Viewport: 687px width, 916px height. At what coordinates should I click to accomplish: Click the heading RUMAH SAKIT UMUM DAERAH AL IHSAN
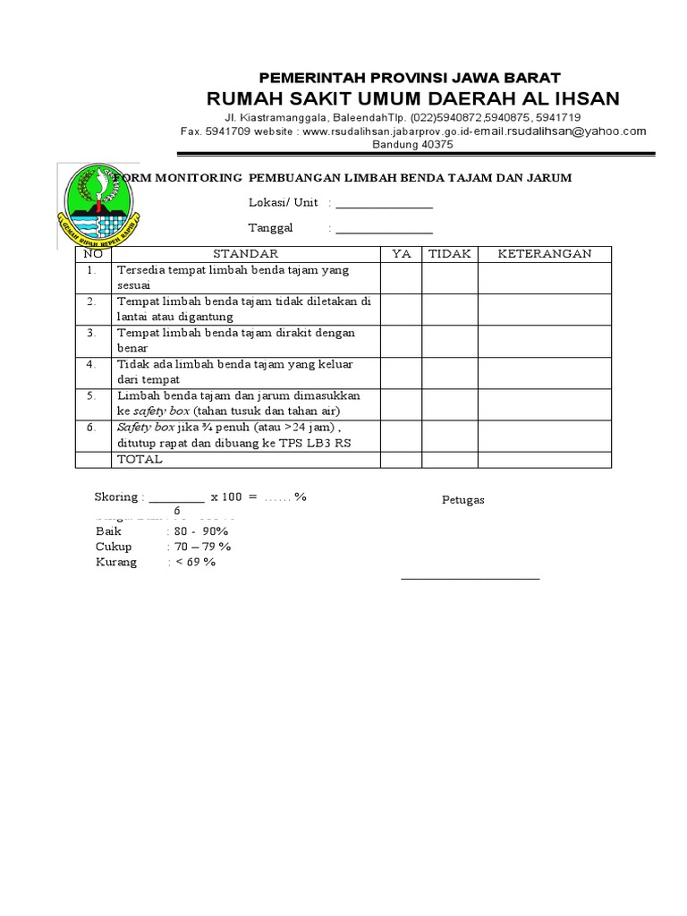click(x=412, y=98)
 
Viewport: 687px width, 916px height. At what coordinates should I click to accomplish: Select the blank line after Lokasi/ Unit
click(x=384, y=205)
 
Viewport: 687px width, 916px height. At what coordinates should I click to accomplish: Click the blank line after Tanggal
click(x=384, y=229)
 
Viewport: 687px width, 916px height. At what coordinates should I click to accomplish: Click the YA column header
click(x=402, y=254)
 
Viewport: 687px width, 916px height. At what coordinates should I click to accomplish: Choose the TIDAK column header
click(x=450, y=254)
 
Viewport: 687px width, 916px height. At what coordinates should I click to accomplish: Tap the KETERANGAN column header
click(x=544, y=254)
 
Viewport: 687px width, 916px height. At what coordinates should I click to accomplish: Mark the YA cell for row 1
click(x=402, y=277)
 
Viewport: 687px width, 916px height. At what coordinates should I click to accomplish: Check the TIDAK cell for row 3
click(x=450, y=340)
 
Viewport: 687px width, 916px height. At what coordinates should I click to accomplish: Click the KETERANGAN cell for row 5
click(x=544, y=403)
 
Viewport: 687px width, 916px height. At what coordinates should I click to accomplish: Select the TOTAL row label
click(x=140, y=460)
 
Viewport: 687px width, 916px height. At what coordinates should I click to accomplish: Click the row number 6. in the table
click(x=91, y=428)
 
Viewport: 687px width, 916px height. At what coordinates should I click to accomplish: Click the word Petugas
click(x=463, y=500)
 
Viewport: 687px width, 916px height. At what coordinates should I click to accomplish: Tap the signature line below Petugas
click(x=471, y=579)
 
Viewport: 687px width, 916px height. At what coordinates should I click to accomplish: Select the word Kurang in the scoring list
click(x=116, y=563)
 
